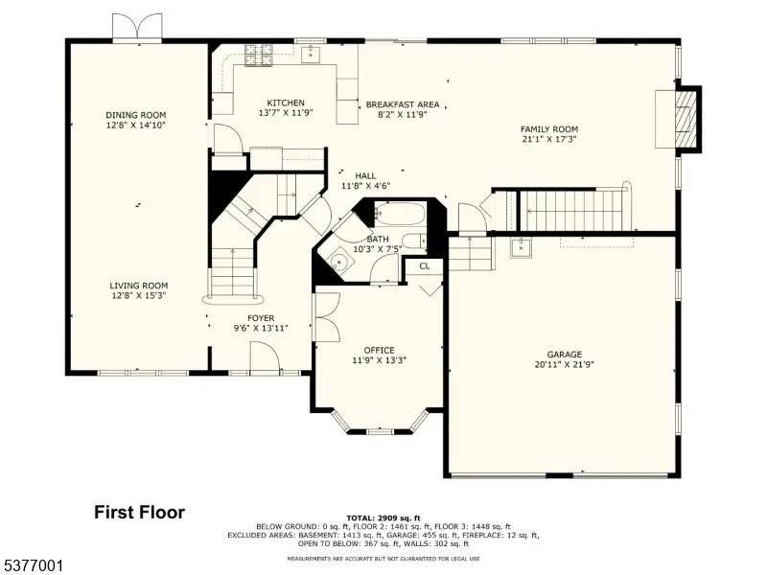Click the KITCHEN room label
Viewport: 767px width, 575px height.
click(x=286, y=103)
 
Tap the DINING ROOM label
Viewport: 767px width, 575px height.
click(x=136, y=115)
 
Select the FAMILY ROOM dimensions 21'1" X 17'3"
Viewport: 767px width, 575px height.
click(x=549, y=139)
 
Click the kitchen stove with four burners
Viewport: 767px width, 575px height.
click(x=259, y=55)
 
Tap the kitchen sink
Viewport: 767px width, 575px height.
click(x=311, y=54)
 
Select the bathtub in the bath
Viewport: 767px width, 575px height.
click(x=400, y=214)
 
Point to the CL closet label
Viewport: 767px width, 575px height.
click(x=425, y=266)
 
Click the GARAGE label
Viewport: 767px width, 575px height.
click(x=565, y=354)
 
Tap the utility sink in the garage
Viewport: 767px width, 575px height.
click(x=521, y=248)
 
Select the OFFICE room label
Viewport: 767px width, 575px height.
click(x=379, y=350)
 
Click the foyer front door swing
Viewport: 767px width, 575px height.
click(x=265, y=357)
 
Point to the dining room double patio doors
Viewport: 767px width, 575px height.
click(x=137, y=29)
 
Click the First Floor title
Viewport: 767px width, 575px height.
click(x=139, y=513)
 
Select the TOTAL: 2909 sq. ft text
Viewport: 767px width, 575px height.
click(x=383, y=517)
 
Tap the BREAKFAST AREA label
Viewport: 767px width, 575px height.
click(x=403, y=104)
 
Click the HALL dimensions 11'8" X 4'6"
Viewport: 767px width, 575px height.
click(x=365, y=186)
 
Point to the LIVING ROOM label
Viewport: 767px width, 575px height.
click(x=139, y=286)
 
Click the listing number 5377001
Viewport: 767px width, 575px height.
click(x=33, y=566)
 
